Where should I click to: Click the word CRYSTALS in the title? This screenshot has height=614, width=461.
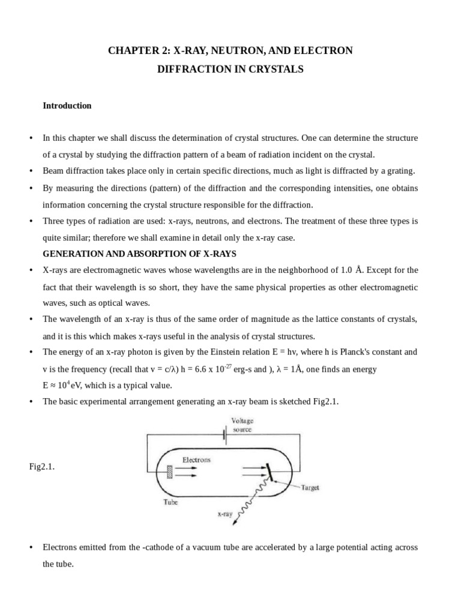278,69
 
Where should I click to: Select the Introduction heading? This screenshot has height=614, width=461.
67,106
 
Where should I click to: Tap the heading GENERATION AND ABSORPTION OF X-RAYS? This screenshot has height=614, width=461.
139,254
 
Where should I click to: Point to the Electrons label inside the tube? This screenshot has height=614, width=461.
196,460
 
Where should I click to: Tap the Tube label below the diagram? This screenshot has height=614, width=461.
171,502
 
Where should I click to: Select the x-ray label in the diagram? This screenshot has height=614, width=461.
224,514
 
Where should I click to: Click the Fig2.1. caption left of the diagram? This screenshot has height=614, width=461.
42,466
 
